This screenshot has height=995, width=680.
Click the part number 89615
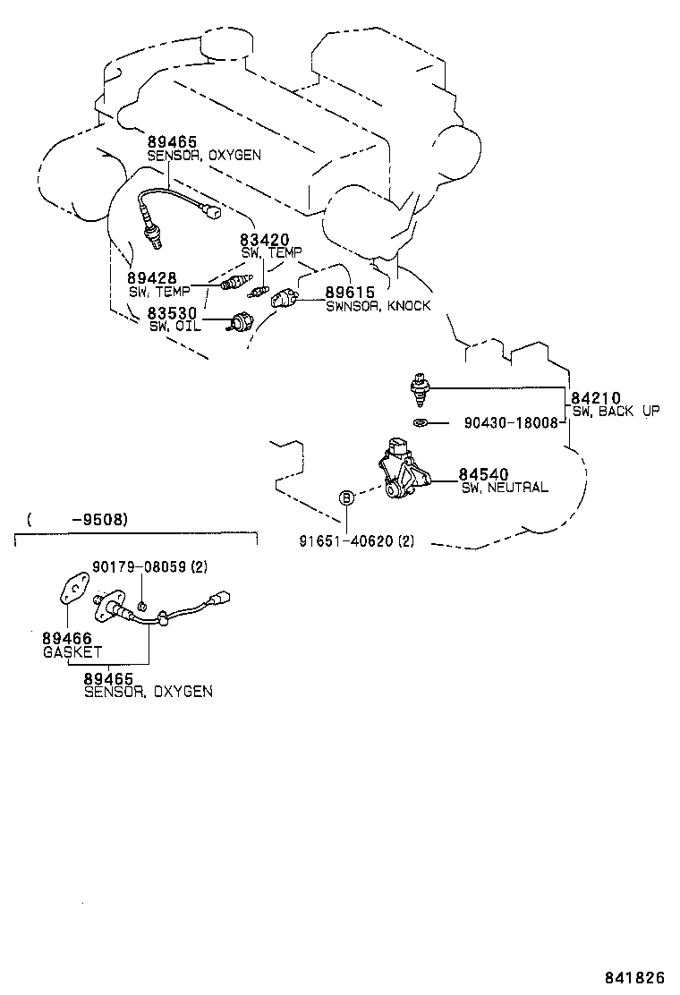click(x=350, y=292)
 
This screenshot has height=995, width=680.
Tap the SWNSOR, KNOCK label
click(x=378, y=306)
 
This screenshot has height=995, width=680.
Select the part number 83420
click(x=265, y=240)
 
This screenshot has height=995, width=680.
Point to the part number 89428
click(x=151, y=278)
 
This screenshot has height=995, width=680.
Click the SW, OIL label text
click(x=175, y=327)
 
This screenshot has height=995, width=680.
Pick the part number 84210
click(x=596, y=398)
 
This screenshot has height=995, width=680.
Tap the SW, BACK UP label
click(x=616, y=412)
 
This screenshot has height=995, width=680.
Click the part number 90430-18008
click(x=511, y=422)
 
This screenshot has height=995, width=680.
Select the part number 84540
click(x=483, y=474)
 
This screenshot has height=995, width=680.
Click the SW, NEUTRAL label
click(x=505, y=488)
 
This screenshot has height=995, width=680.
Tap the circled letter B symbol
click(x=347, y=498)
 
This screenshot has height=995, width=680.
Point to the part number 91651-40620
click(x=346, y=541)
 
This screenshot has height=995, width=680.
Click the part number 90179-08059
click(x=139, y=566)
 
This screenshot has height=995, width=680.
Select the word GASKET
click(x=72, y=651)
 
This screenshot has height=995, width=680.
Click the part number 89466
click(x=67, y=638)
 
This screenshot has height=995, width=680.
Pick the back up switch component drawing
click(x=419, y=389)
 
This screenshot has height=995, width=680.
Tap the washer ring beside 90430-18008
click(x=420, y=422)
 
